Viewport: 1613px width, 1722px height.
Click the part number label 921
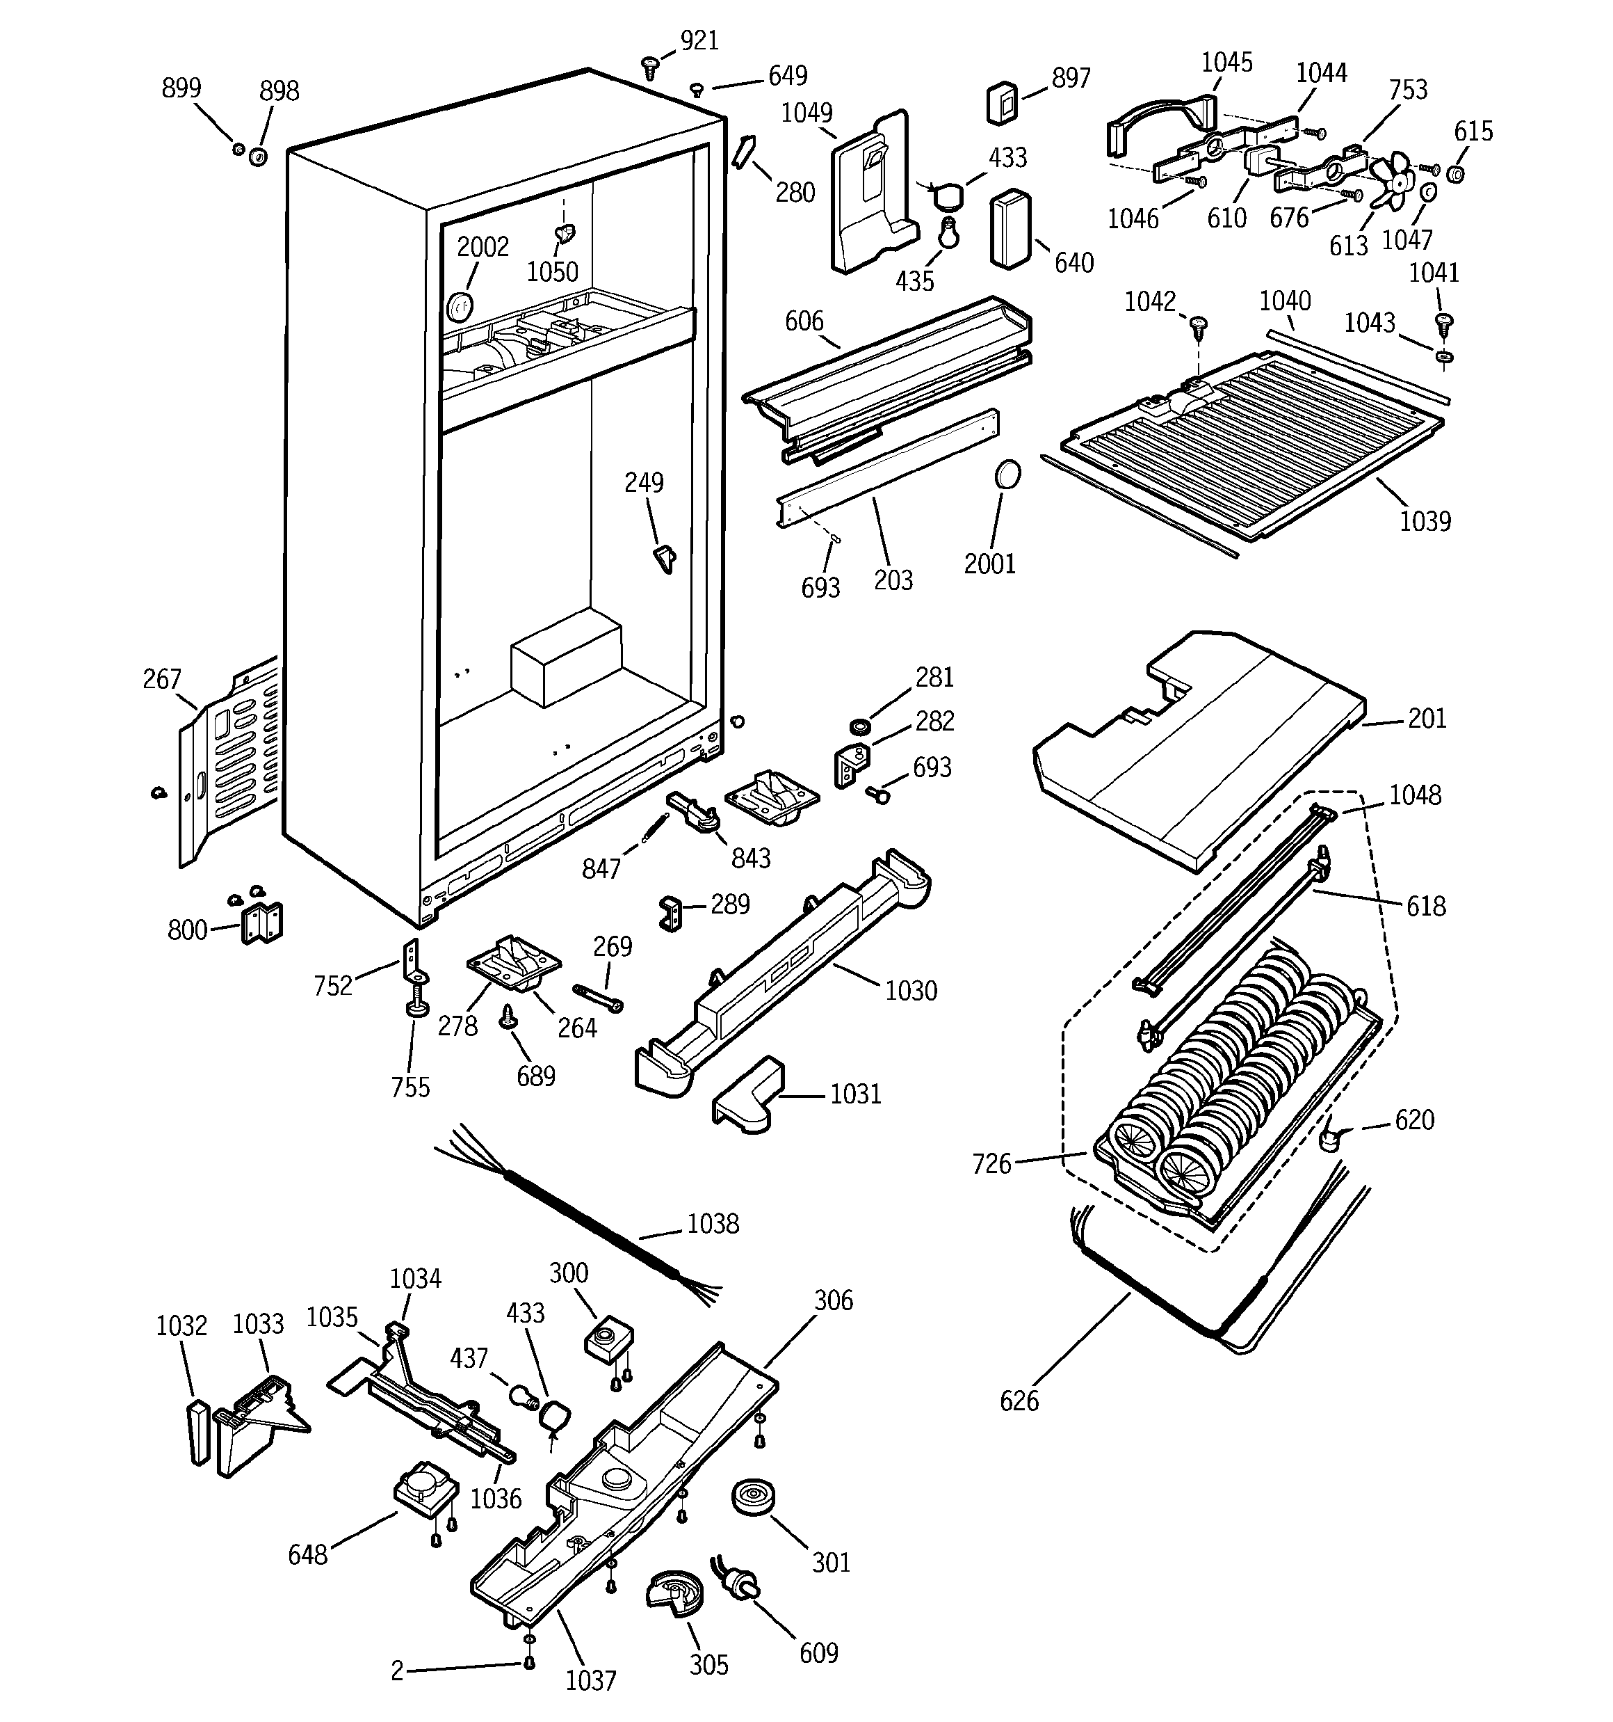(x=699, y=41)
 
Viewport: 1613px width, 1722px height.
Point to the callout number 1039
(x=1425, y=520)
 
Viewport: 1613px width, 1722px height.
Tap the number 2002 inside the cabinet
(x=483, y=247)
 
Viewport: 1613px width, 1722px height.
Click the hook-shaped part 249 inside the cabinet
(x=664, y=557)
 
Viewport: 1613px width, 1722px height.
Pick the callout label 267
(x=162, y=679)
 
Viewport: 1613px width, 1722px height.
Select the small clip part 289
(x=671, y=912)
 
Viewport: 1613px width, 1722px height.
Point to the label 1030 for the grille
(x=911, y=990)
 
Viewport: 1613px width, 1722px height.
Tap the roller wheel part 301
(x=752, y=1497)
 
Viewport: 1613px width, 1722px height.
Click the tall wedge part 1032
(x=199, y=1432)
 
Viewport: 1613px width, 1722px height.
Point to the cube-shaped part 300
(x=610, y=1338)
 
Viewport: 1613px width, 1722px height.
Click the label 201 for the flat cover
(x=1427, y=718)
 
